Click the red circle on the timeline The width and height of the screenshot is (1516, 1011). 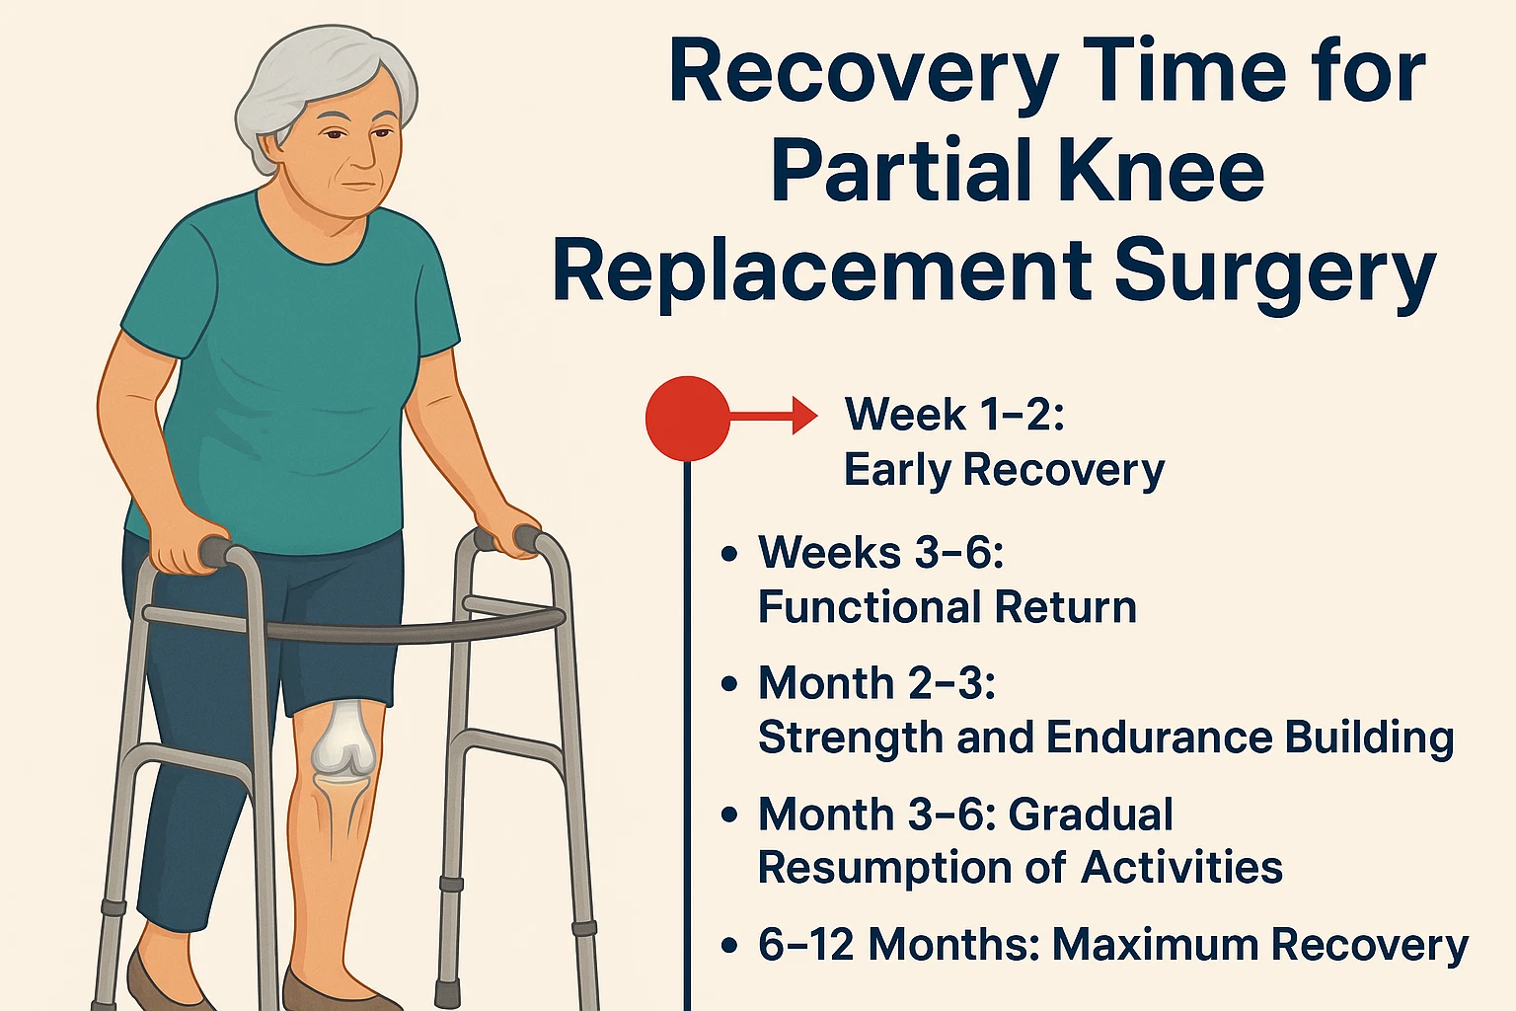[687, 418]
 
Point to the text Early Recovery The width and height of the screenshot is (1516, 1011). [1004, 470]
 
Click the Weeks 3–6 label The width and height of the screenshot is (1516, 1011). [880, 552]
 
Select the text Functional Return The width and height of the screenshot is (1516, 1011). [947, 606]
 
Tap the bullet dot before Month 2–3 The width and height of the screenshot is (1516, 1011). [729, 683]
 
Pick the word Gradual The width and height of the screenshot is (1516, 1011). [1091, 816]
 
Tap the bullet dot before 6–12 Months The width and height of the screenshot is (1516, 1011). [729, 946]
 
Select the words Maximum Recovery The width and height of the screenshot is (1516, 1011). [1260, 945]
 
